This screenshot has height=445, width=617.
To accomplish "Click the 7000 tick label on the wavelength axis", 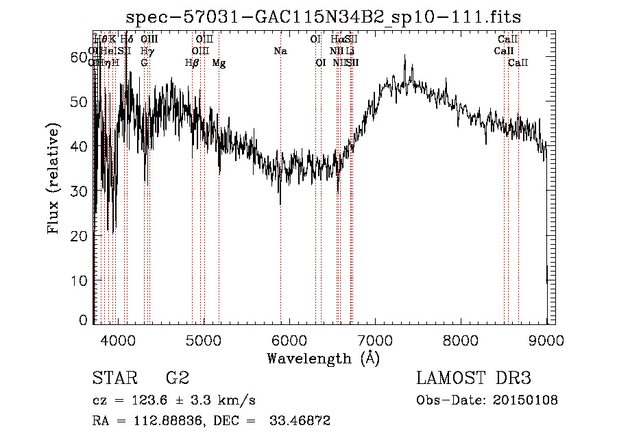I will pos(375,339).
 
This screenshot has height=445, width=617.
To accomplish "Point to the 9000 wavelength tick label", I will pos(546,339).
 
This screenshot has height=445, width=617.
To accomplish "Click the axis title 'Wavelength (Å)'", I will pos(323,358).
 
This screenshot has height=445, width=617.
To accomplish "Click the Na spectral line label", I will pos(280,51).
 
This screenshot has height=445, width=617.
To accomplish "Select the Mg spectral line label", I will pos(219,64).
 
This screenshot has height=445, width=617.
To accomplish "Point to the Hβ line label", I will pos(193,63).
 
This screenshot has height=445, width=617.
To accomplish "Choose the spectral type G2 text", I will pos(177,378).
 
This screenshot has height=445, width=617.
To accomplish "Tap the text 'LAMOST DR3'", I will pos(474,378).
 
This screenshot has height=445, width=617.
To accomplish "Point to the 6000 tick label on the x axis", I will pos(289,339).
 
